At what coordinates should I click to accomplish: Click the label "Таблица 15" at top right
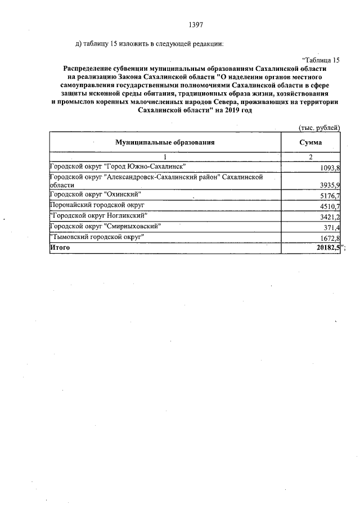321,60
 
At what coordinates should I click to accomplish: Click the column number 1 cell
165,157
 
